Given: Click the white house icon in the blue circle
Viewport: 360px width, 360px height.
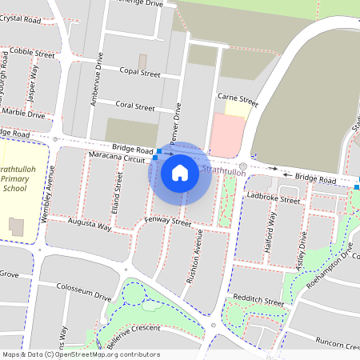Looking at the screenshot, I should click(180, 173).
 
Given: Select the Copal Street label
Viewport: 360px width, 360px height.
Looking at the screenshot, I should click(140, 73).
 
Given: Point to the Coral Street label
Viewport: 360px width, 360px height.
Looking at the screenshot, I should click(135, 106).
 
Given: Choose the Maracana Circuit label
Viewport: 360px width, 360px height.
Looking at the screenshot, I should click(118, 158).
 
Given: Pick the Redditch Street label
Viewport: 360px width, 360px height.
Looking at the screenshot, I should click(258, 302).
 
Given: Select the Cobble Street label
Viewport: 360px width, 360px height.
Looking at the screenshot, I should click(32, 52).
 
